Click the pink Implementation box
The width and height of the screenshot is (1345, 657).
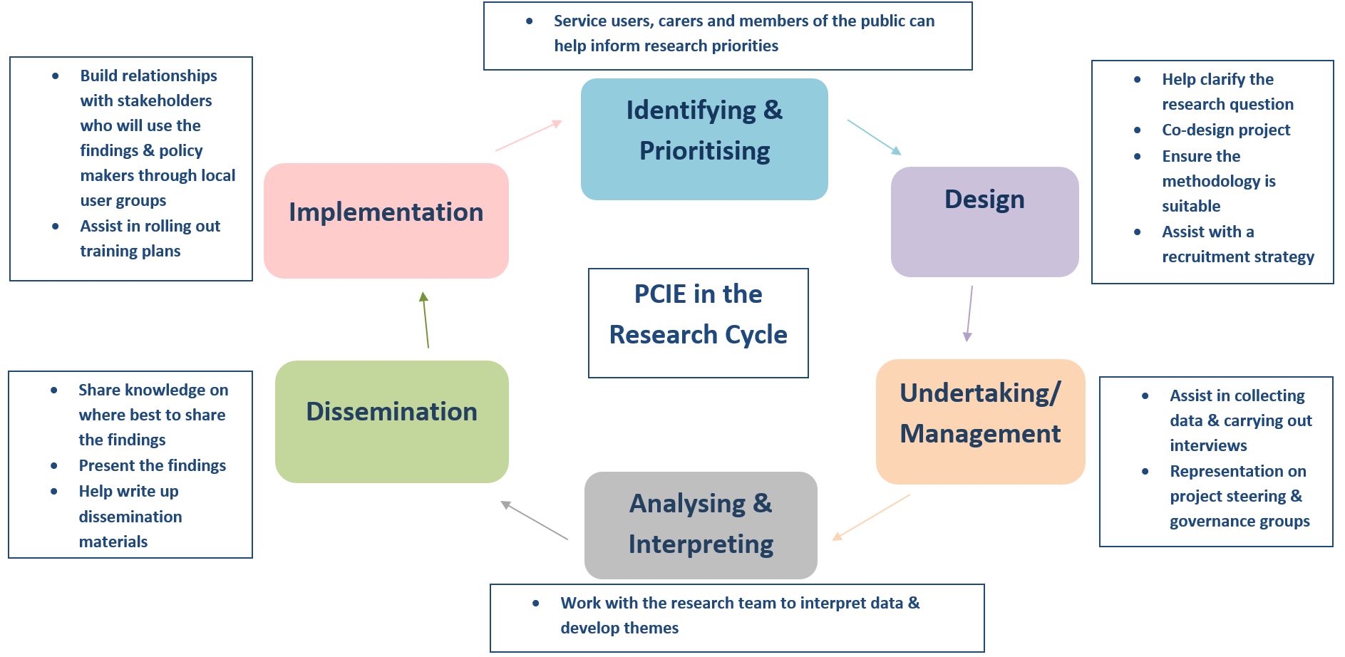coord(386,221)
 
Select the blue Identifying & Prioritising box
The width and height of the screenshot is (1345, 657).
coord(704,139)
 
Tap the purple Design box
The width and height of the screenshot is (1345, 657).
coord(984,222)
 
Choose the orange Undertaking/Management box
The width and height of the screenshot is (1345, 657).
coord(980,421)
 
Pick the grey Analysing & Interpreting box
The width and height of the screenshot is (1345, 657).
coord(701,524)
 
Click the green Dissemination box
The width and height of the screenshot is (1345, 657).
coord(391,421)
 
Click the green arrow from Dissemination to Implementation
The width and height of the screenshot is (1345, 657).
coord(426,320)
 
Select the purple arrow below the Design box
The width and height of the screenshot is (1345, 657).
coord(969,314)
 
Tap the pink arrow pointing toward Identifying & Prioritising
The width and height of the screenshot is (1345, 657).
coord(529,135)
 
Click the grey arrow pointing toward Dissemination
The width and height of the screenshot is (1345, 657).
coord(534,520)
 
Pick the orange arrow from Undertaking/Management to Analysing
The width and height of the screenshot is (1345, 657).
coord(871,517)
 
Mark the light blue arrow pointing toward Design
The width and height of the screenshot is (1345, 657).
coord(874,137)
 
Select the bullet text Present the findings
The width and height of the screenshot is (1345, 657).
coord(152,465)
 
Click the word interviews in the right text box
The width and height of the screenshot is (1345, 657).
coord(1207,445)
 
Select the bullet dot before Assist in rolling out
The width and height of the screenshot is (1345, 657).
coord(56,226)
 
